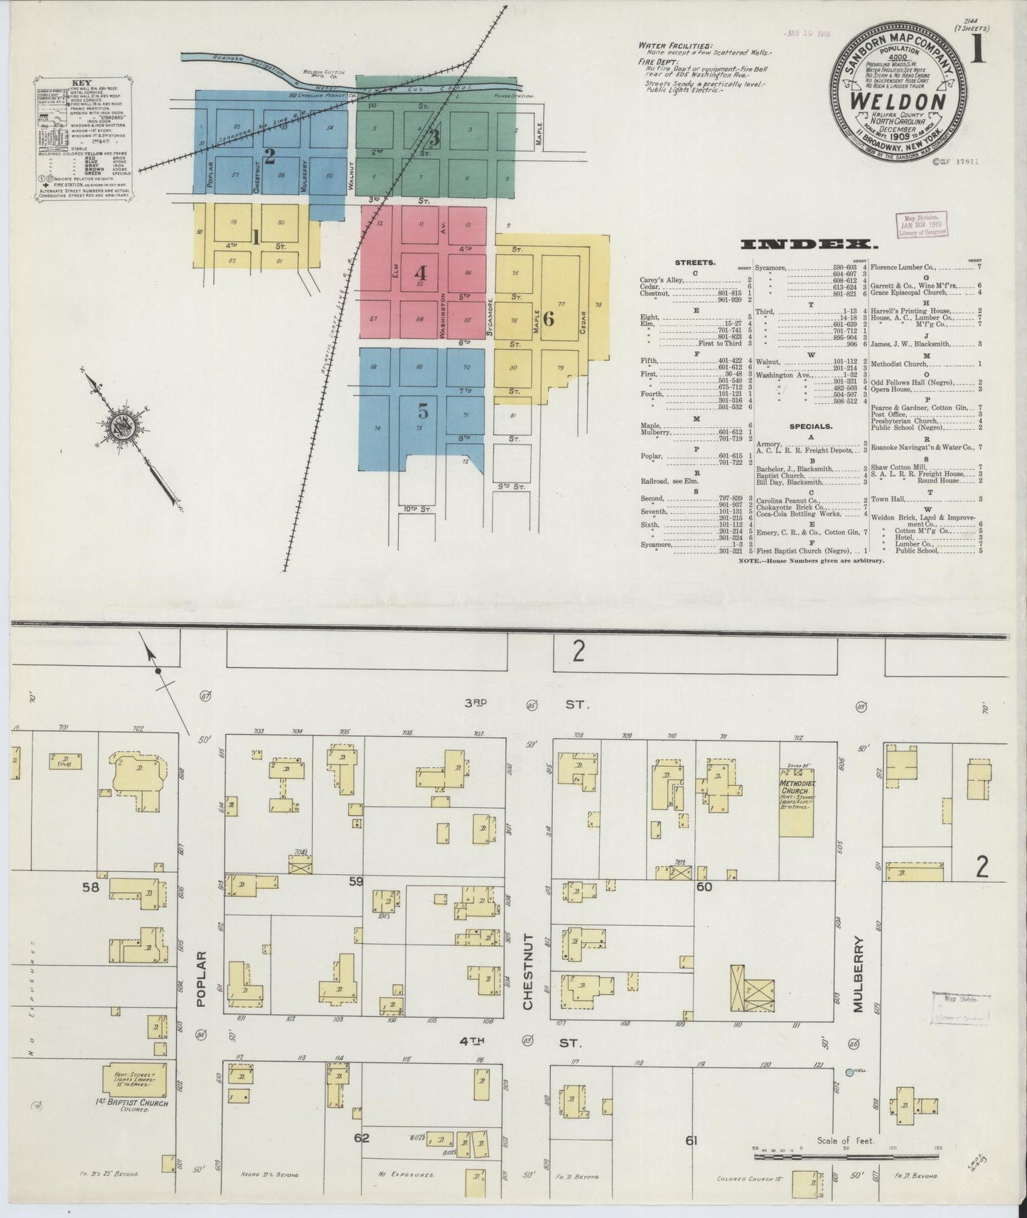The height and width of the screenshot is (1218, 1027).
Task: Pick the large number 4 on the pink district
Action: point(421,273)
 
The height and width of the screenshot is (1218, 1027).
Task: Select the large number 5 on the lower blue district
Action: point(423,411)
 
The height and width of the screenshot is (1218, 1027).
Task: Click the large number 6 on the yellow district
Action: point(548,318)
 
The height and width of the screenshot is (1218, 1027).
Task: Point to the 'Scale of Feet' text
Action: point(844,1141)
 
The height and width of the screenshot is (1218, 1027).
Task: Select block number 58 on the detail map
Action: point(92,887)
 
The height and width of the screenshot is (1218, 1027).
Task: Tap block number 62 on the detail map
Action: point(362,1138)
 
